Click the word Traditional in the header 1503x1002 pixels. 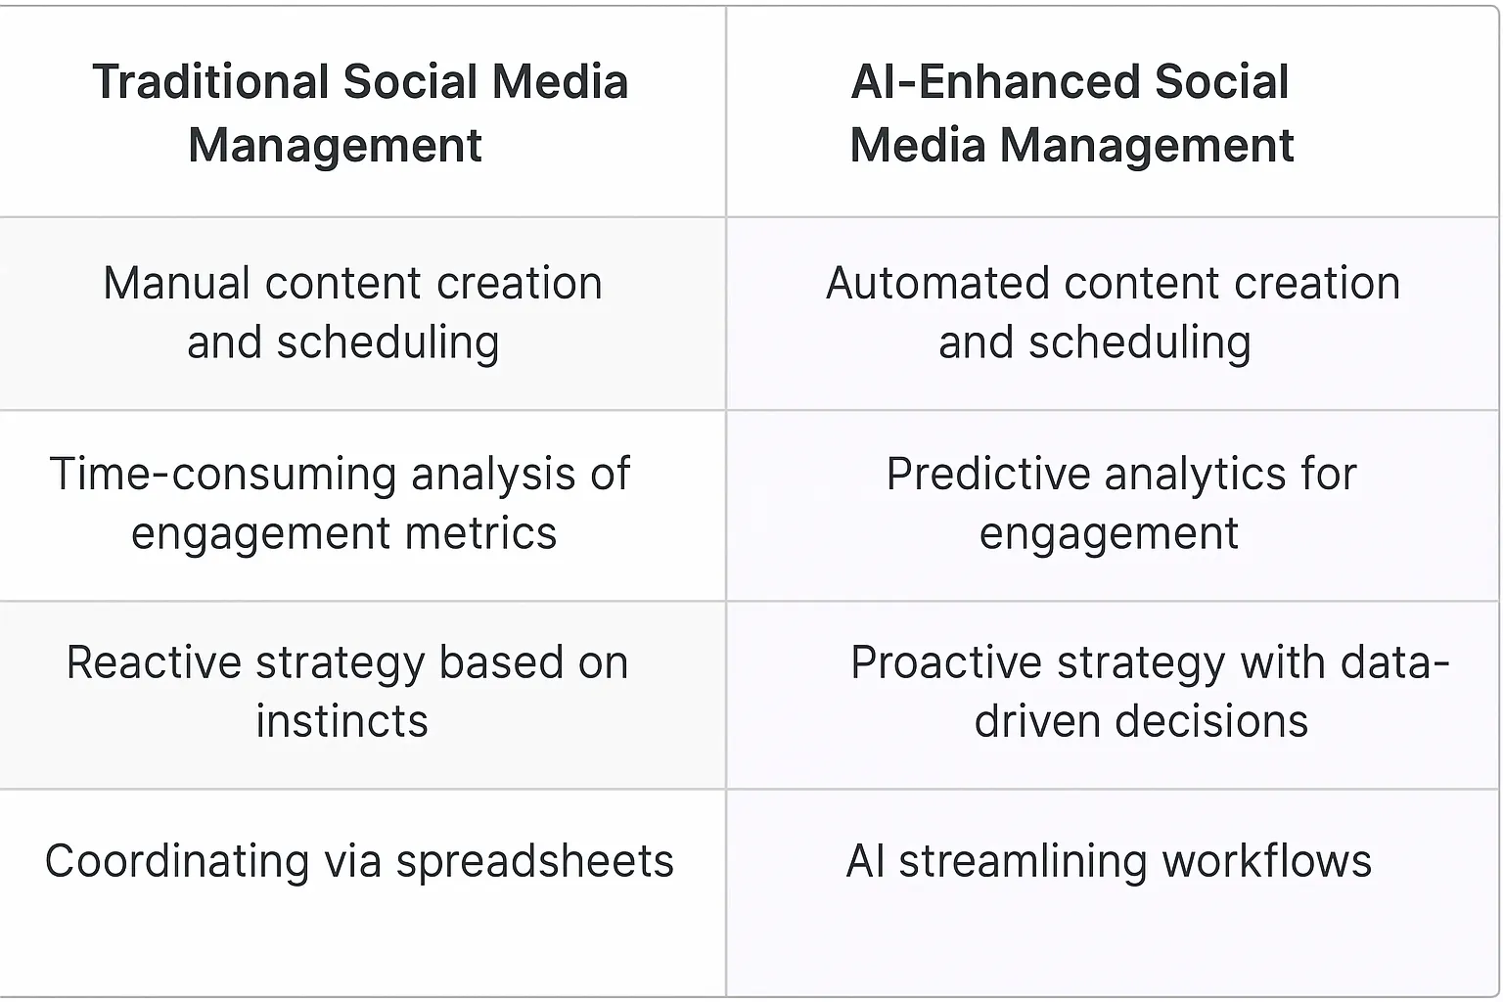(209, 82)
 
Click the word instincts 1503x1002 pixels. (342, 722)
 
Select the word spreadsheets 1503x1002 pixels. (534, 862)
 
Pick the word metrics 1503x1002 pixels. (480, 534)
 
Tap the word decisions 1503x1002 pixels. (1210, 722)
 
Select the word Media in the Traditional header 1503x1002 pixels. (559, 82)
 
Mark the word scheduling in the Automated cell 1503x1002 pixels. (1139, 343)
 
